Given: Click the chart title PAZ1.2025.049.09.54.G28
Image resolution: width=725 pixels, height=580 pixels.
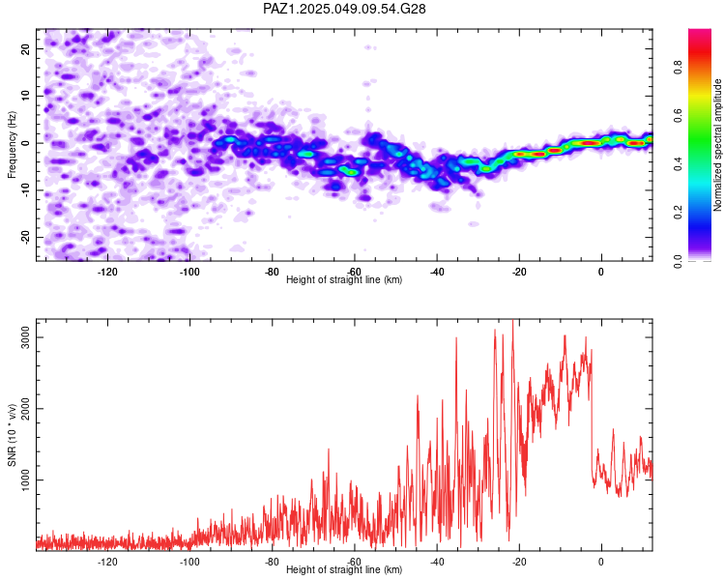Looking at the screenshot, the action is (x=344, y=9).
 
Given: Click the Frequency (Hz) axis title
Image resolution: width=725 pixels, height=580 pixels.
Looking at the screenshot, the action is (x=12, y=144).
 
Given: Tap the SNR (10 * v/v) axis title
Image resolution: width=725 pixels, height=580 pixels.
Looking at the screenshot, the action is (x=12, y=435).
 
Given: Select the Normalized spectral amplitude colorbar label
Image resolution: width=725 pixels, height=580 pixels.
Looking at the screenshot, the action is (x=717, y=145).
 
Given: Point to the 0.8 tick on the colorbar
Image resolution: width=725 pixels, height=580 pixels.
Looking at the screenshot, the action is (x=679, y=67).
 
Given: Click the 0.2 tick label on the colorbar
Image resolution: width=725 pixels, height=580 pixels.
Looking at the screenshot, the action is (x=679, y=213).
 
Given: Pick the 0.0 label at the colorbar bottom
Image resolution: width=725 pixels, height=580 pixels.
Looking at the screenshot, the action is (x=679, y=261).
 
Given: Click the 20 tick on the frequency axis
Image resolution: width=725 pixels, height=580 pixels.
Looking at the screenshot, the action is (x=26, y=48).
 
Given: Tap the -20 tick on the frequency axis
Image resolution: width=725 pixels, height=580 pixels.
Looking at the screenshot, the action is (x=26, y=238).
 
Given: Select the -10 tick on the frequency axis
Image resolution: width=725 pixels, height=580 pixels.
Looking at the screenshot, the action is (x=26, y=190).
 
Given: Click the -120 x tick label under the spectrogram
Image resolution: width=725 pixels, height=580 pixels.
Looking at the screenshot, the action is (x=107, y=272).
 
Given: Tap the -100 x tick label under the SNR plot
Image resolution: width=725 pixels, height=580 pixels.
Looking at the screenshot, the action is (x=189, y=562).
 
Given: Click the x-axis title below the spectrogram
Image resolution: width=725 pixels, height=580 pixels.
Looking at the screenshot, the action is (x=344, y=279).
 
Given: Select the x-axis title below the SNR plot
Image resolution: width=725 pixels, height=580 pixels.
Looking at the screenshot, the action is (x=344, y=569).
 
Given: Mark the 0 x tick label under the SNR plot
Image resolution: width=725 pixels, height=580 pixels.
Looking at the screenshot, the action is (x=601, y=562).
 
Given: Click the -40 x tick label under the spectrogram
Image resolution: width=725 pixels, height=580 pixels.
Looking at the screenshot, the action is (x=437, y=272).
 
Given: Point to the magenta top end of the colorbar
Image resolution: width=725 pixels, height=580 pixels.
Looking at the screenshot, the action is (x=700, y=31).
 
